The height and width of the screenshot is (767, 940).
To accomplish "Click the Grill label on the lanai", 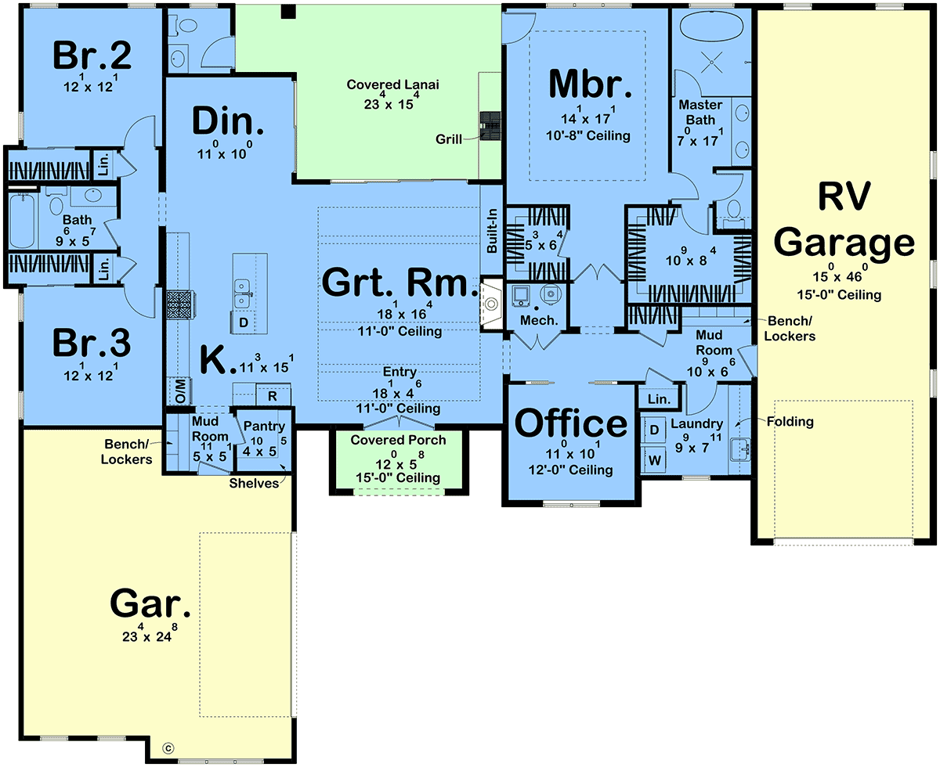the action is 448,139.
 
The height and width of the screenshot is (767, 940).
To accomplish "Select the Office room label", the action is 571,423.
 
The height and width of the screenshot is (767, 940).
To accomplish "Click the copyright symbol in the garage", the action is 168,748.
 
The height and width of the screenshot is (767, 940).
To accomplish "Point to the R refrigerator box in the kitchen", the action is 273,395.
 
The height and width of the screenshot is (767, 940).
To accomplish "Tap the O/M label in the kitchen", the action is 180,391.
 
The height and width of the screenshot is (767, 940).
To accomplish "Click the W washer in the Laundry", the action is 654,460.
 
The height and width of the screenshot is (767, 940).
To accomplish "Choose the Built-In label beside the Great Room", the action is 492,231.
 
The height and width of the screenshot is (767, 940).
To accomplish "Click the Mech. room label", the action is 539,320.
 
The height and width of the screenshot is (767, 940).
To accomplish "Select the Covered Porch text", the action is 398,440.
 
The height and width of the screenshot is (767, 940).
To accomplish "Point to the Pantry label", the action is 264,427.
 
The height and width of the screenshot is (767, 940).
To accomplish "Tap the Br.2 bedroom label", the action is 92,56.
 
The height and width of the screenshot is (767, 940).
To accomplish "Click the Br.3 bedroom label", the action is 92,343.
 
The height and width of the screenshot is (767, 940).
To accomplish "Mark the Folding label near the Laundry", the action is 790,421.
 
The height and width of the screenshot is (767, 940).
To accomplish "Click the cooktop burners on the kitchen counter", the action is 180,304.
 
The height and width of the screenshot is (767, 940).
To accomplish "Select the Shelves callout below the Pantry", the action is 254,483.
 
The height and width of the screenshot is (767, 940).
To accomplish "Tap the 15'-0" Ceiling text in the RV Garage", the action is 839,295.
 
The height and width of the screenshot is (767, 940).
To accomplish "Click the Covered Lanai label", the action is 392,85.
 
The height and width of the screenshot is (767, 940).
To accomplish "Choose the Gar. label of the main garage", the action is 150,603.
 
